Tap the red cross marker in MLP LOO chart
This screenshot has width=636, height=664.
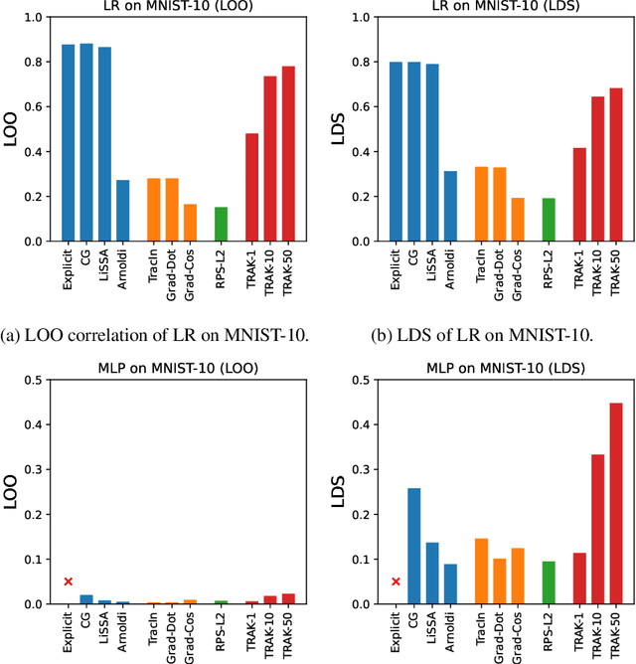pos(69,581)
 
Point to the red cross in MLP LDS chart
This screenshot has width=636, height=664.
pos(397,581)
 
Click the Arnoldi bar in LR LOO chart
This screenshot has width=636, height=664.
pos(123,211)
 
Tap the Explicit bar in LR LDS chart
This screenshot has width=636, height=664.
pos(397,151)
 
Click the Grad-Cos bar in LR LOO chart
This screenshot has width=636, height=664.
pos(190,223)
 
